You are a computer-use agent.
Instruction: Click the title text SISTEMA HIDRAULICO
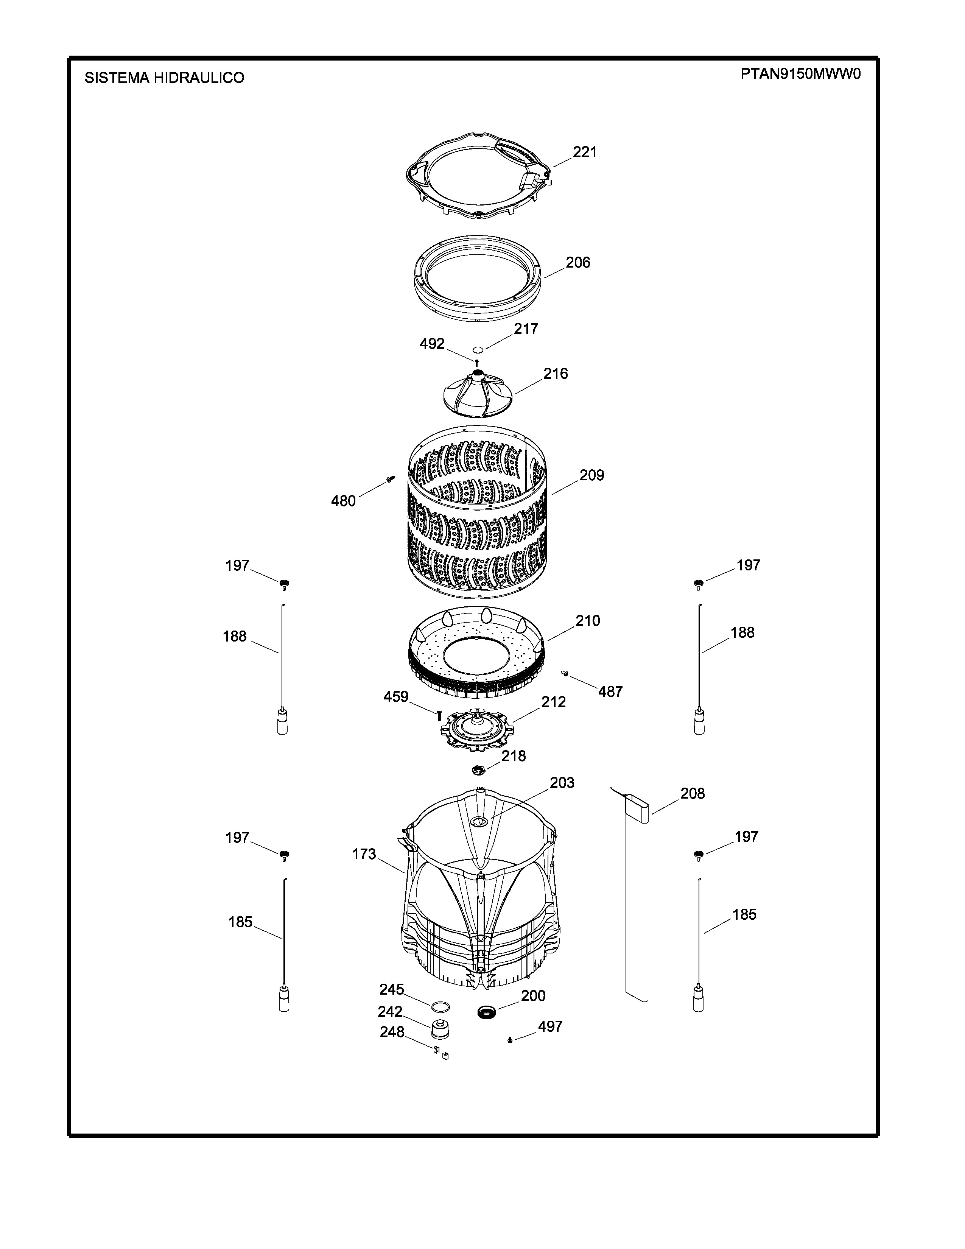(164, 78)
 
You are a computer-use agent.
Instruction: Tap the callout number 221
(585, 152)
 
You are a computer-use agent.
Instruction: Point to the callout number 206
(578, 263)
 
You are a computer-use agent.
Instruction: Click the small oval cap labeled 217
(478, 350)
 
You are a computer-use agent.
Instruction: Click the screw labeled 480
(391, 479)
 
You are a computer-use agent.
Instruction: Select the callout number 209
(592, 475)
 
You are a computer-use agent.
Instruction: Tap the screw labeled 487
(565, 674)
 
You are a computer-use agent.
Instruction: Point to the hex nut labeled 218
(478, 770)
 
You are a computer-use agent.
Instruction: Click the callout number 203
(562, 783)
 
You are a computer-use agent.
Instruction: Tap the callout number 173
(364, 854)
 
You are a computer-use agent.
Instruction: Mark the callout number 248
(392, 1032)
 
